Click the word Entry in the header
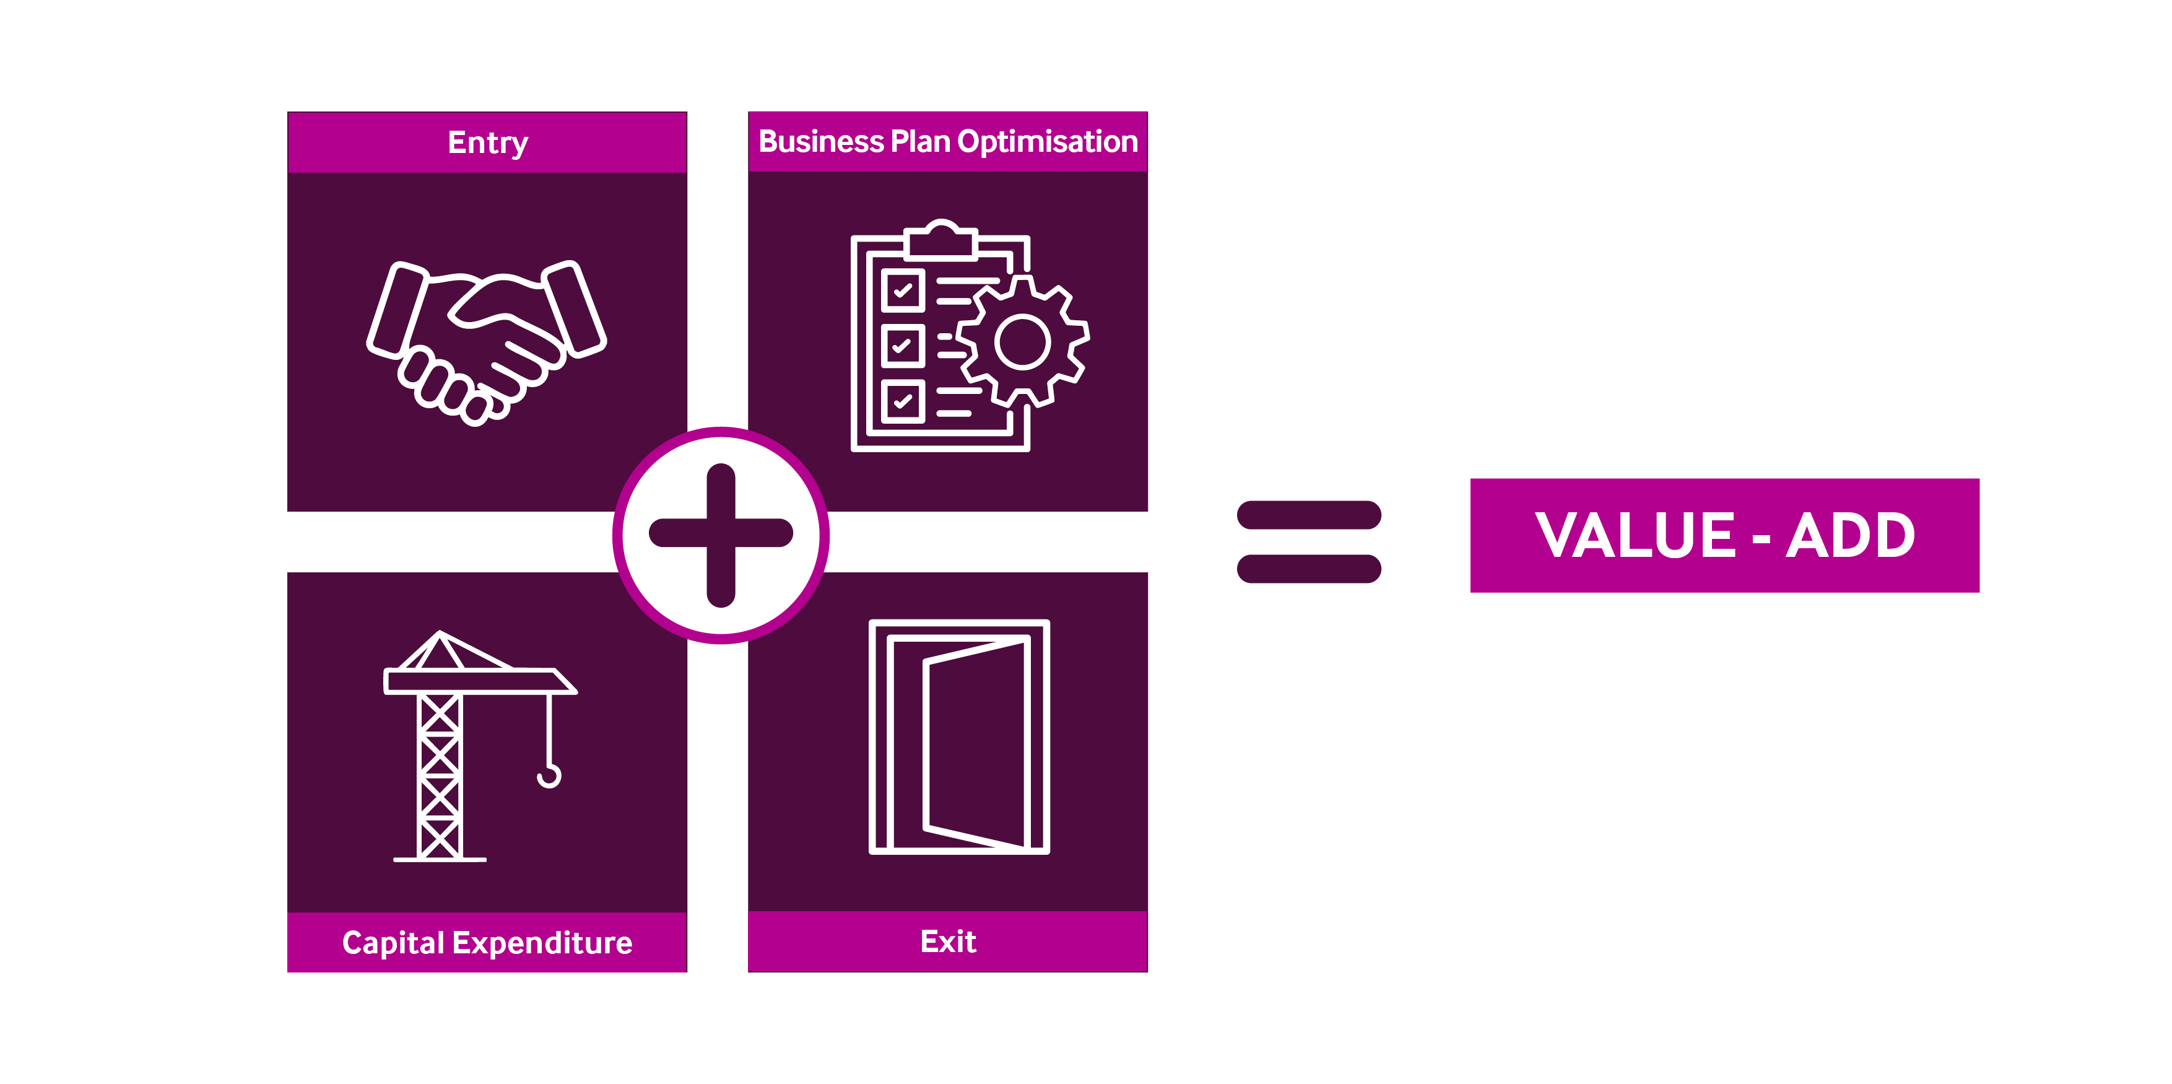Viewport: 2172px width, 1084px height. pos(487,142)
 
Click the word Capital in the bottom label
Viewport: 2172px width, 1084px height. pos(393,942)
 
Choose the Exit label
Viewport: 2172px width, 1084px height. pos(948,940)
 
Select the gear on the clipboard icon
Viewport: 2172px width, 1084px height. pos(1022,342)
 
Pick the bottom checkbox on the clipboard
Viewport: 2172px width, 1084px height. pos(902,401)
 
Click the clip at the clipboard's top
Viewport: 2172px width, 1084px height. pos(941,238)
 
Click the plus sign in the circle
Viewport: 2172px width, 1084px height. pos(721,534)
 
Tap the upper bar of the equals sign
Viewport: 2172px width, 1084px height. pos(1309,515)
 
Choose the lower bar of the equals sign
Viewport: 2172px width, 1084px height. pos(1309,568)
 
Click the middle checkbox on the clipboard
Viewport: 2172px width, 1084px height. pos(902,346)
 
